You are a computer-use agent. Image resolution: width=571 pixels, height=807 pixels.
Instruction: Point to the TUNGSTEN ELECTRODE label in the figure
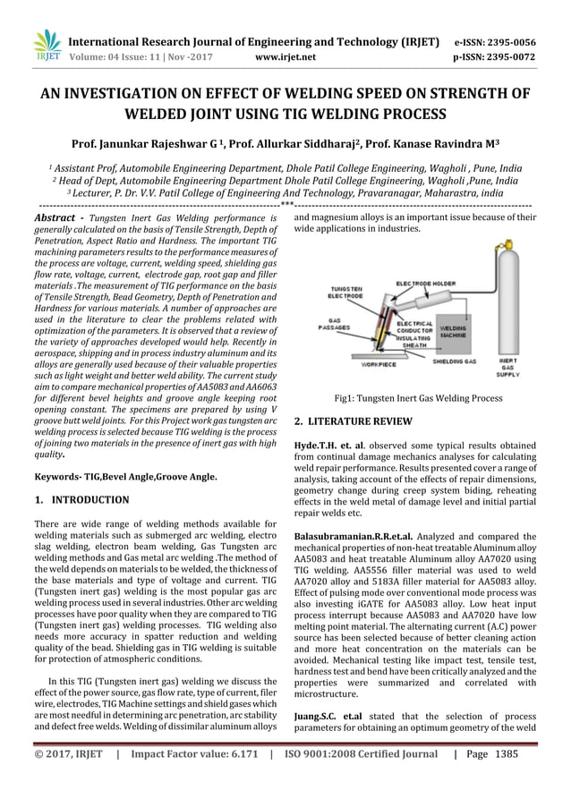click(x=346, y=293)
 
